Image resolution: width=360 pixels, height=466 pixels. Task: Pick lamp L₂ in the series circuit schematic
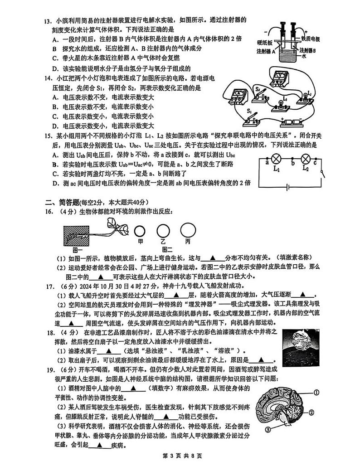[306, 160]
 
